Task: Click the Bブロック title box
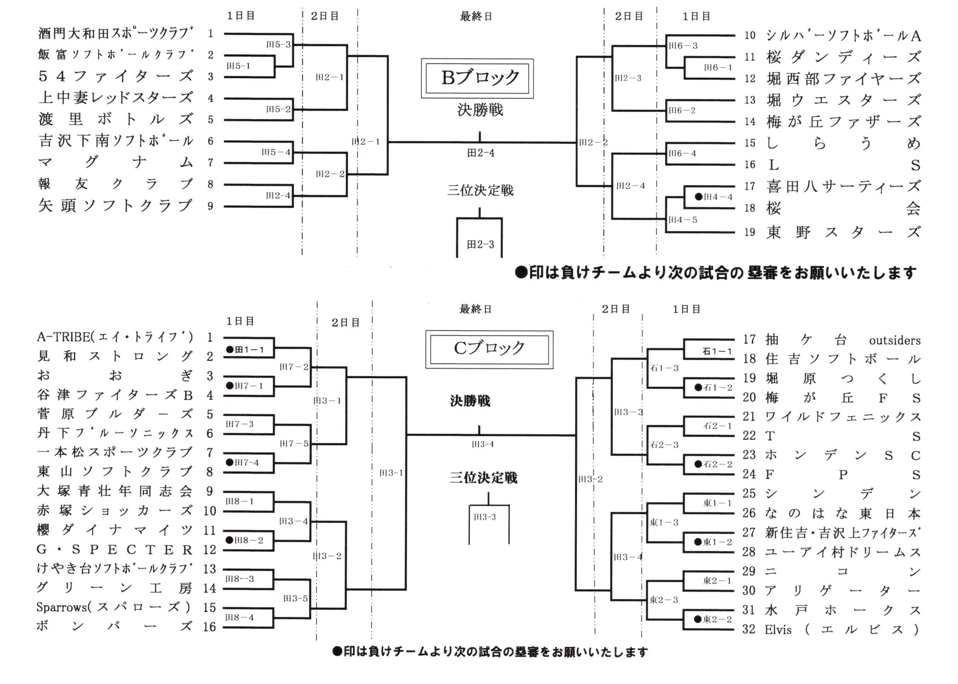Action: tap(477, 78)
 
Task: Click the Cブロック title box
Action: tap(489, 349)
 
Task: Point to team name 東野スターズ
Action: tap(843, 232)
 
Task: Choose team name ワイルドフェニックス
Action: tap(843, 417)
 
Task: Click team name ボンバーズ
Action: tap(114, 626)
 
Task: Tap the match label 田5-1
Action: tap(239, 66)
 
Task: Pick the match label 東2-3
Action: tap(664, 600)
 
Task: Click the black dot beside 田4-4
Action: tap(698, 196)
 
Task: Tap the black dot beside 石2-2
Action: tap(698, 464)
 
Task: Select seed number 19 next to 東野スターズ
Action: tap(750, 232)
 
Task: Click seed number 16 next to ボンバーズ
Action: tap(209, 627)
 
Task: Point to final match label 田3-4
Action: tap(483, 444)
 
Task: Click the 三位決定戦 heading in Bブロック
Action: tap(480, 191)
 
